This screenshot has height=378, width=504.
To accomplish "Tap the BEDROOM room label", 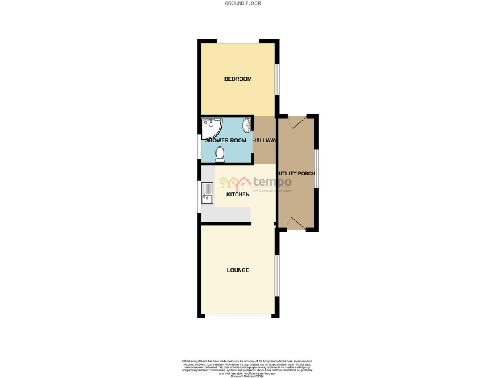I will pyautogui.click(x=238, y=79).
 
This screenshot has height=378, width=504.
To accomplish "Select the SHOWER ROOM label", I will pyautogui.click(x=226, y=140).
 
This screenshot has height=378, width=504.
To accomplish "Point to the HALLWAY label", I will pyautogui.click(x=265, y=140).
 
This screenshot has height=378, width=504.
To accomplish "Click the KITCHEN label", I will pyautogui.click(x=238, y=195).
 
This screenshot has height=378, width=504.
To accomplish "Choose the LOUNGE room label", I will pyautogui.click(x=238, y=270).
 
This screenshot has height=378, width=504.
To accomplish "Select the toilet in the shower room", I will pyautogui.click(x=220, y=154).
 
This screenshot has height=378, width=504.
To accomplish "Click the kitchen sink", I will pyautogui.click(x=207, y=192).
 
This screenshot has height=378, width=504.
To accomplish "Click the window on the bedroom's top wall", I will pyautogui.click(x=237, y=43).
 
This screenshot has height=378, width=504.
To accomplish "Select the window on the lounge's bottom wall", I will pyautogui.click(x=238, y=316).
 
